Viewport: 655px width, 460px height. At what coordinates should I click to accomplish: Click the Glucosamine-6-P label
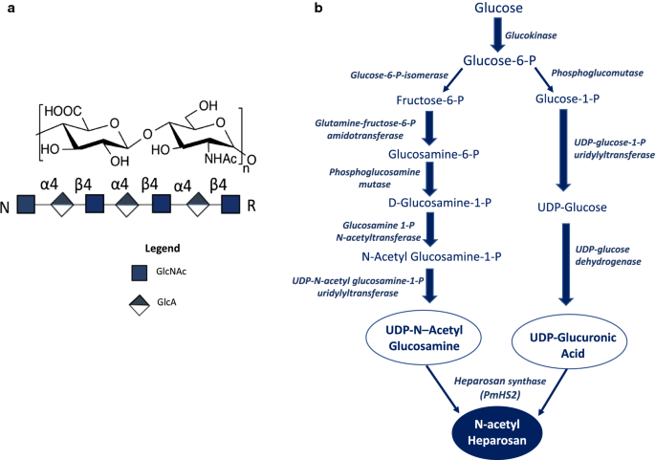[x=433, y=153]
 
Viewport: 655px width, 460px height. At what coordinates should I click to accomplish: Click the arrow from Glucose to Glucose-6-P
[x=498, y=35]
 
